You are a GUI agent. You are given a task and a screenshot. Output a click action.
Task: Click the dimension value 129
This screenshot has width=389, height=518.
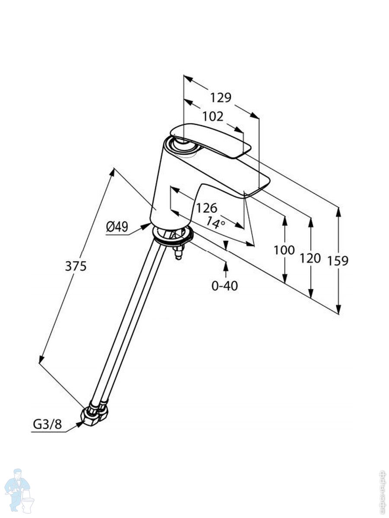click(221, 98)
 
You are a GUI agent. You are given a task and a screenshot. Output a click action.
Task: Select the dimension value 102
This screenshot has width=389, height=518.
click(213, 117)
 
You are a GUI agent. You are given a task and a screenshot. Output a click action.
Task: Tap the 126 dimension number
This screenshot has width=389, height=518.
click(207, 208)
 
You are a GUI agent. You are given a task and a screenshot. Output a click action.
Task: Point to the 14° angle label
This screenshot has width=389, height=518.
click(215, 222)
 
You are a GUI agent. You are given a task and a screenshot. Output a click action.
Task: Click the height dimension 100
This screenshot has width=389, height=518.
click(284, 250)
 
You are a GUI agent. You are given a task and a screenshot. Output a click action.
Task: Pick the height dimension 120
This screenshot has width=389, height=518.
click(310, 258)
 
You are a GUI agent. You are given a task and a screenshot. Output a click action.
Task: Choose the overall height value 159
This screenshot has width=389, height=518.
click(338, 260)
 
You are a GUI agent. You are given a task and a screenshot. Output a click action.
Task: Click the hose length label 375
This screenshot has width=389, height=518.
click(76, 266)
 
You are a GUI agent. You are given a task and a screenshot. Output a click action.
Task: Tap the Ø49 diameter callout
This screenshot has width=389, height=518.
click(117, 227)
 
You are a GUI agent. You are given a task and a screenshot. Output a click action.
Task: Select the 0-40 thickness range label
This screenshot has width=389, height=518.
click(225, 285)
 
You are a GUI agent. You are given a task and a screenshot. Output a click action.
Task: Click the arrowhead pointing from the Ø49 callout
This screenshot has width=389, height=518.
click(147, 226)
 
